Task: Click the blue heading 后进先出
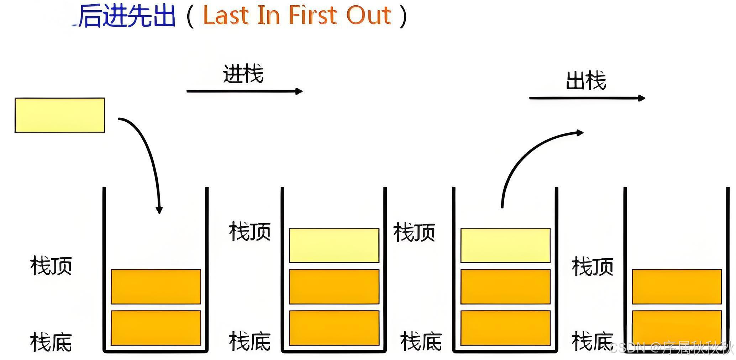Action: pos(127,16)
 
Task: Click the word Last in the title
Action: pos(226,16)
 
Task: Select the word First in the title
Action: pos(312,16)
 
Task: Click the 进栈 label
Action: pos(243,74)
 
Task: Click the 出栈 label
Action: pos(586,81)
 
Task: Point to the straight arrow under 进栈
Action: pos(244,91)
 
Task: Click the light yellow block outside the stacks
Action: pos(60,115)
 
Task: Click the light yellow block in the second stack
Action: pos(334,245)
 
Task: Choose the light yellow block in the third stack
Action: pos(505,245)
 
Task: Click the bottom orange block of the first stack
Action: pos(156,328)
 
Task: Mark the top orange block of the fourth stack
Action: pos(677,286)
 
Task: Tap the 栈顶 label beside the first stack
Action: pos(51,266)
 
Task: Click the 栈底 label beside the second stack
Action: pos(250,342)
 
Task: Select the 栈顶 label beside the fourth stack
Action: pos(593,267)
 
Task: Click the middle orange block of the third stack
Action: pos(505,286)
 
